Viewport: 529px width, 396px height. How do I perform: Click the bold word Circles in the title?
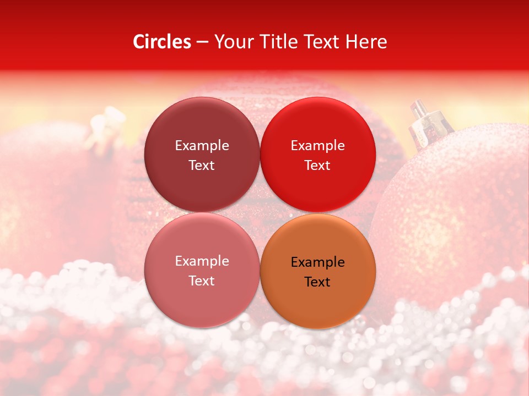pyautogui.click(x=161, y=42)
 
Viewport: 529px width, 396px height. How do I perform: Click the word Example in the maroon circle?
pyautogui.click(x=202, y=145)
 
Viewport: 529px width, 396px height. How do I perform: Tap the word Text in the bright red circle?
pyautogui.click(x=317, y=165)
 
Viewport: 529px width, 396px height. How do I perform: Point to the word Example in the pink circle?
pyautogui.click(x=202, y=261)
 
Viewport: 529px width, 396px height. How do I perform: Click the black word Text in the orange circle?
pyautogui.click(x=317, y=282)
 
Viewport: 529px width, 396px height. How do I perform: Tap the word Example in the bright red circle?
pyautogui.click(x=317, y=145)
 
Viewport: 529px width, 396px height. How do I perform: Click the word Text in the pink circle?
pyautogui.click(x=202, y=280)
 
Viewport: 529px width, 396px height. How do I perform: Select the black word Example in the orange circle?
pyautogui.click(x=317, y=262)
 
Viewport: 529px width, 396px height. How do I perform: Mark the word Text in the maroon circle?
pyautogui.click(x=202, y=165)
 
